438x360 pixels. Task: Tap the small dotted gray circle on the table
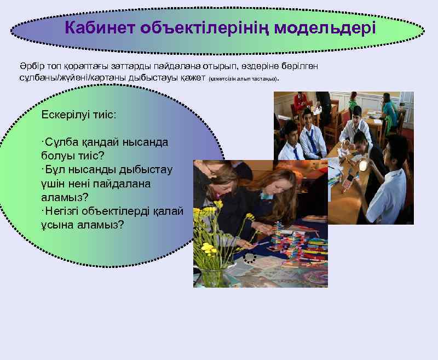click(x=250, y=258)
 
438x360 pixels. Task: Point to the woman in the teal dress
click(x=390, y=112)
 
